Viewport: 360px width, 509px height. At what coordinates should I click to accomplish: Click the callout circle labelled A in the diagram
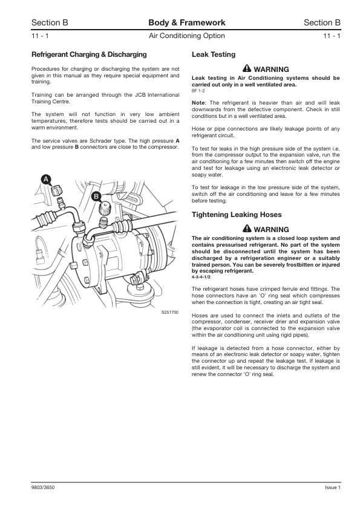(x=46, y=178)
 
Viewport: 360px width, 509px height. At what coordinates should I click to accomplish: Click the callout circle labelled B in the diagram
(x=96, y=196)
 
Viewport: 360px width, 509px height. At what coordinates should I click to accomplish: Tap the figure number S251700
(x=170, y=313)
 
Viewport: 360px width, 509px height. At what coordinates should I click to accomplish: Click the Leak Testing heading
(x=214, y=54)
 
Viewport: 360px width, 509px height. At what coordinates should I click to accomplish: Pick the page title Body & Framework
(x=186, y=23)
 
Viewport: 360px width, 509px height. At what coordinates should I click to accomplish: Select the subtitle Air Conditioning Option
(x=186, y=37)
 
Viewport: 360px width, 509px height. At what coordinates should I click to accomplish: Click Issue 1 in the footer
(x=333, y=487)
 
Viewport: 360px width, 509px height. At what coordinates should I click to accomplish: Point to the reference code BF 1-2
(x=198, y=91)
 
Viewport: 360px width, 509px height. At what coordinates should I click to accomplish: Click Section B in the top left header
(x=50, y=23)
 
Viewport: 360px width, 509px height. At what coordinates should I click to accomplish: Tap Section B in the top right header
(x=322, y=23)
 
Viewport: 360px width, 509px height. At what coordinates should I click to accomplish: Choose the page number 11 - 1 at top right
(x=332, y=37)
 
